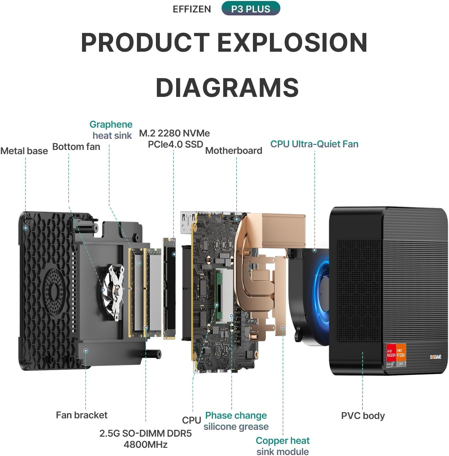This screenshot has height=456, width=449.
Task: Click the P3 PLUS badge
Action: click(251, 9)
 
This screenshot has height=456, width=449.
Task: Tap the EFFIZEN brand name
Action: click(192, 9)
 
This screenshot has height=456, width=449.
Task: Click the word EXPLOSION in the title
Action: click(292, 43)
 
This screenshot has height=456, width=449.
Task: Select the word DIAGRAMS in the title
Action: click(227, 88)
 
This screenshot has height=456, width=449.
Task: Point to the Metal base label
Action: click(24, 151)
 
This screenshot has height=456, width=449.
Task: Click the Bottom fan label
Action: click(76, 147)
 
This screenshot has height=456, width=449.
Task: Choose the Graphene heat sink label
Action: click(111, 130)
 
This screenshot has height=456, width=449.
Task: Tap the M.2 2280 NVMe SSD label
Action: click(175, 138)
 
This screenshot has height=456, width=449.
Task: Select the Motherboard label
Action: click(234, 151)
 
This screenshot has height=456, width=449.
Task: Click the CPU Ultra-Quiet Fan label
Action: click(314, 144)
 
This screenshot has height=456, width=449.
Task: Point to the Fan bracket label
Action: click(82, 415)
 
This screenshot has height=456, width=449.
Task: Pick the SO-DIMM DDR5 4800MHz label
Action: click(145, 439)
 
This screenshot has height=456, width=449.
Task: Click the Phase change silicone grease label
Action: click(236, 421)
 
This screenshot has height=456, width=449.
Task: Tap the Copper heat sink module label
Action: click(283, 446)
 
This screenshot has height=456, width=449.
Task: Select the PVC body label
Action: click(363, 416)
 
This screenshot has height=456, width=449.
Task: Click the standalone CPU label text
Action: click(191, 420)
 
